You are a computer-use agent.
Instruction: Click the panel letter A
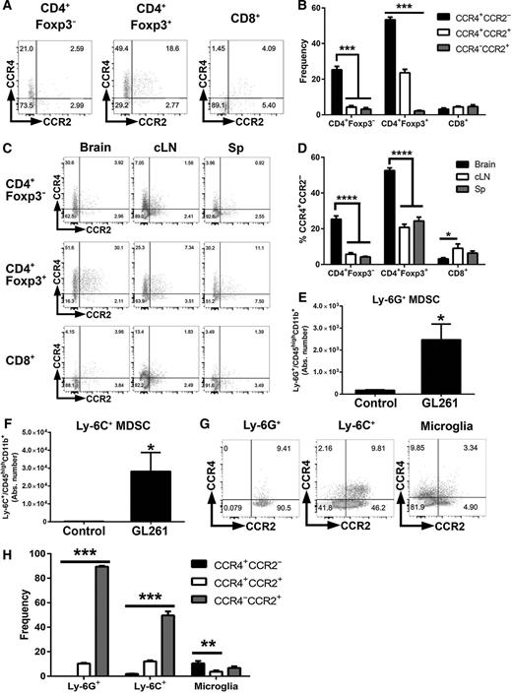pos(7,9)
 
